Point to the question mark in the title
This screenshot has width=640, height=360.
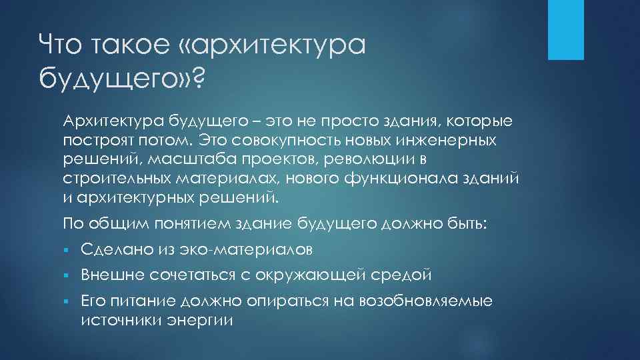pyautogui.click(x=197, y=79)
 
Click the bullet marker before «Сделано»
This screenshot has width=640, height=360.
pyautogui.click(x=67, y=250)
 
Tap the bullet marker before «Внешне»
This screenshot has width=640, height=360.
pyautogui.click(x=67, y=275)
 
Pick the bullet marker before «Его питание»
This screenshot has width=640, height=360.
pyautogui.click(x=67, y=301)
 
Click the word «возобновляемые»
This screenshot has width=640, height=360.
pyautogui.click(x=426, y=301)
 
